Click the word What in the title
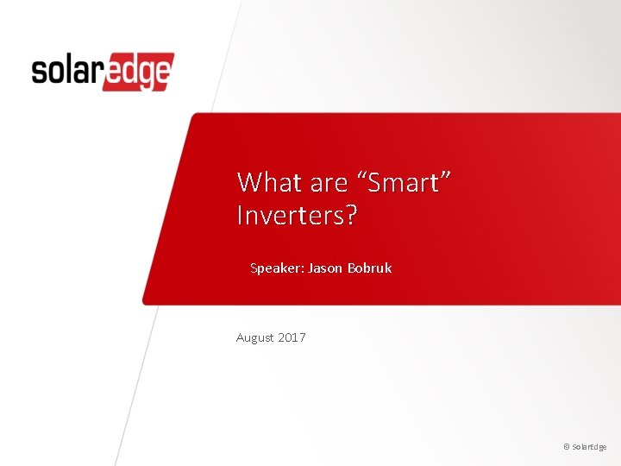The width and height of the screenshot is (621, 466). pos(267,182)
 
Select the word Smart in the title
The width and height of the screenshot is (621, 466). pos(404,182)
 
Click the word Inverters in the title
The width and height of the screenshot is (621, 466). pos(290,216)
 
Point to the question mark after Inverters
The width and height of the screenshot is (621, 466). pos(349,216)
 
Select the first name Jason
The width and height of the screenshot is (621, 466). pos(326,268)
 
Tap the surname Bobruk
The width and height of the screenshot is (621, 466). pos(370,268)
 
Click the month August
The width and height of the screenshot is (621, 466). pos(255,337)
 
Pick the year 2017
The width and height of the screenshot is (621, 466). pos(292,337)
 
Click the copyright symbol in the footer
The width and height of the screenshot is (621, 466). pos(566,447)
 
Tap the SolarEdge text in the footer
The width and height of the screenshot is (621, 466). pos(590,447)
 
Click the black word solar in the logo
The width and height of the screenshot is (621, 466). pos(66,71)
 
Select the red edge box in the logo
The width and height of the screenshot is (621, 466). pos(138,72)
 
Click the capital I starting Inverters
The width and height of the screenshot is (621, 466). pos(240,216)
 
